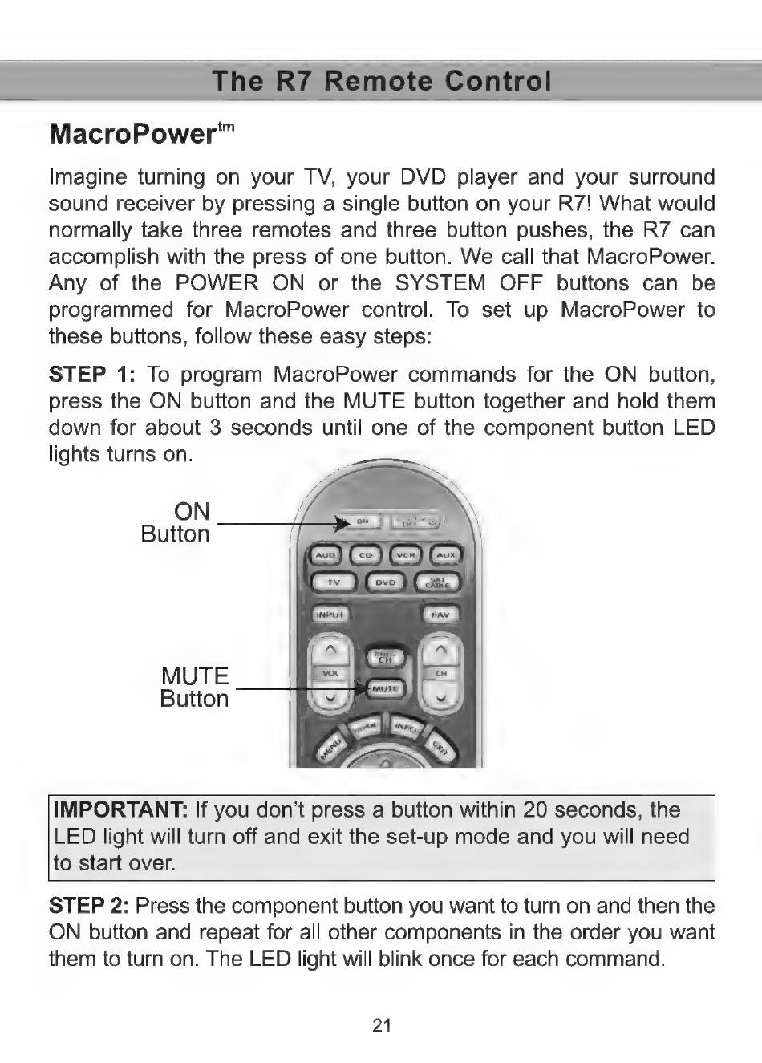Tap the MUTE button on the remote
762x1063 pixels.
387,688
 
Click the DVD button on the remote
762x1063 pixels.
386,582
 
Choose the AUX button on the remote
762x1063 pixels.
446,554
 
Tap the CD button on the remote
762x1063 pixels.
366,554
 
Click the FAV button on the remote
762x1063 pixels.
440,615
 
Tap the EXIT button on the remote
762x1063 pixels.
440,748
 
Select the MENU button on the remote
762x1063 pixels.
330,749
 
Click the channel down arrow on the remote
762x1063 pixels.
441,699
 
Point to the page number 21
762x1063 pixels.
382,1024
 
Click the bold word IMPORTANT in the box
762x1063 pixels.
120,809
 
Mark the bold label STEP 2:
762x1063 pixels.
88,906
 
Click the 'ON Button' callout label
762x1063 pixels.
176,523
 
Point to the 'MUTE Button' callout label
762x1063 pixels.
195,688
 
